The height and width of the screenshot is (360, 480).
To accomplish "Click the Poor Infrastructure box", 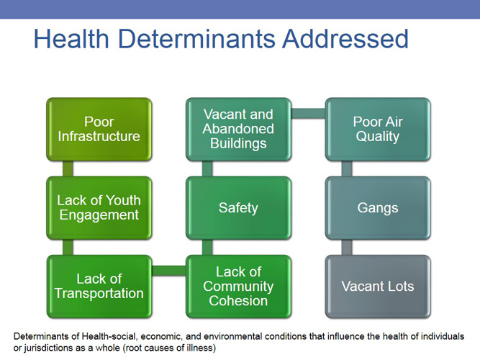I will (x=99, y=129).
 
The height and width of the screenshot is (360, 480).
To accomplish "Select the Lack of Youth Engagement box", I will (x=99, y=207).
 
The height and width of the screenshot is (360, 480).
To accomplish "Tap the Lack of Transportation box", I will (x=99, y=286).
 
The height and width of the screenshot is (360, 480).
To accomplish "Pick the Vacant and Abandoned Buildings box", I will (x=238, y=129).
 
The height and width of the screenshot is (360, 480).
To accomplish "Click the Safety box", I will (x=238, y=207).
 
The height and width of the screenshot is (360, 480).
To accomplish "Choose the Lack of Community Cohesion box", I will (x=238, y=286).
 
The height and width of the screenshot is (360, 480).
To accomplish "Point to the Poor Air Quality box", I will (x=377, y=129).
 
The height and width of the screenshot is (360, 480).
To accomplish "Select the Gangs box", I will (x=377, y=207).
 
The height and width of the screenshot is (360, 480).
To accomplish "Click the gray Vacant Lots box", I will (x=377, y=286).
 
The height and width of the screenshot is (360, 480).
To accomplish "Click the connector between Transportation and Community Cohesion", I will (x=169, y=271).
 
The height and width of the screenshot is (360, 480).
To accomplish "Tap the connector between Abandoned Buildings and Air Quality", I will (x=308, y=113).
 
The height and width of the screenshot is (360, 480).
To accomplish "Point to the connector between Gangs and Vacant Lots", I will (x=346, y=247).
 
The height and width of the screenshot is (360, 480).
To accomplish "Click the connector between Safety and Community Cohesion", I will (x=207, y=247).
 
